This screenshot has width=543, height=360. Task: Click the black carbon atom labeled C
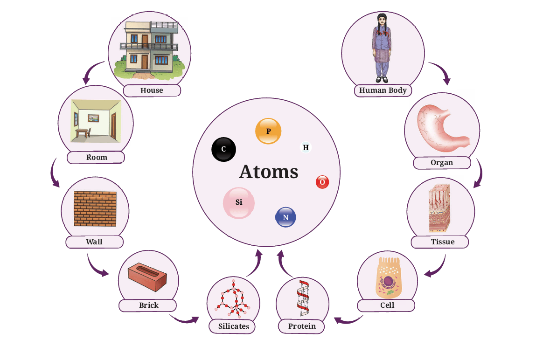pyautogui.click(x=224, y=149)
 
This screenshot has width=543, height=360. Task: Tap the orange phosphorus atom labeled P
pyautogui.click(x=268, y=131)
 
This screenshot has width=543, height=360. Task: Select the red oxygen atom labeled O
pyautogui.click(x=322, y=182)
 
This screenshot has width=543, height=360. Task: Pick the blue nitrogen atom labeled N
pyautogui.click(x=285, y=217)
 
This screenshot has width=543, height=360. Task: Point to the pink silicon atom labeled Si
pyautogui.click(x=238, y=203)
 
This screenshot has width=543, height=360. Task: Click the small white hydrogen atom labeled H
pyautogui.click(x=306, y=147)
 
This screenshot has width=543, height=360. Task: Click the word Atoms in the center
pyautogui.click(x=269, y=172)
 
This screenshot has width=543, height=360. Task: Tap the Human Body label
pyautogui.click(x=383, y=90)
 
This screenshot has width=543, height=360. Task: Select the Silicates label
pyautogui.click(x=234, y=326)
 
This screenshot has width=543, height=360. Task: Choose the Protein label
pyautogui.click(x=302, y=326)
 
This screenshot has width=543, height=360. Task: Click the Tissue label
pyautogui.click(x=443, y=242)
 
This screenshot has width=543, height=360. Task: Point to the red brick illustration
pyautogui.click(x=147, y=276)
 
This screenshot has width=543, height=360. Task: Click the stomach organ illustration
pyautogui.click(x=442, y=128)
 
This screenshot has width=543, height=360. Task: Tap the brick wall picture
pyautogui.click(x=95, y=209)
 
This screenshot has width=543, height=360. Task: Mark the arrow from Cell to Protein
pyautogui.click(x=348, y=320)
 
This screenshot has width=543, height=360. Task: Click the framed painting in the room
pyautogui.click(x=93, y=118)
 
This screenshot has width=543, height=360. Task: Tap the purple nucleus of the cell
pyautogui.click(x=388, y=281)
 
